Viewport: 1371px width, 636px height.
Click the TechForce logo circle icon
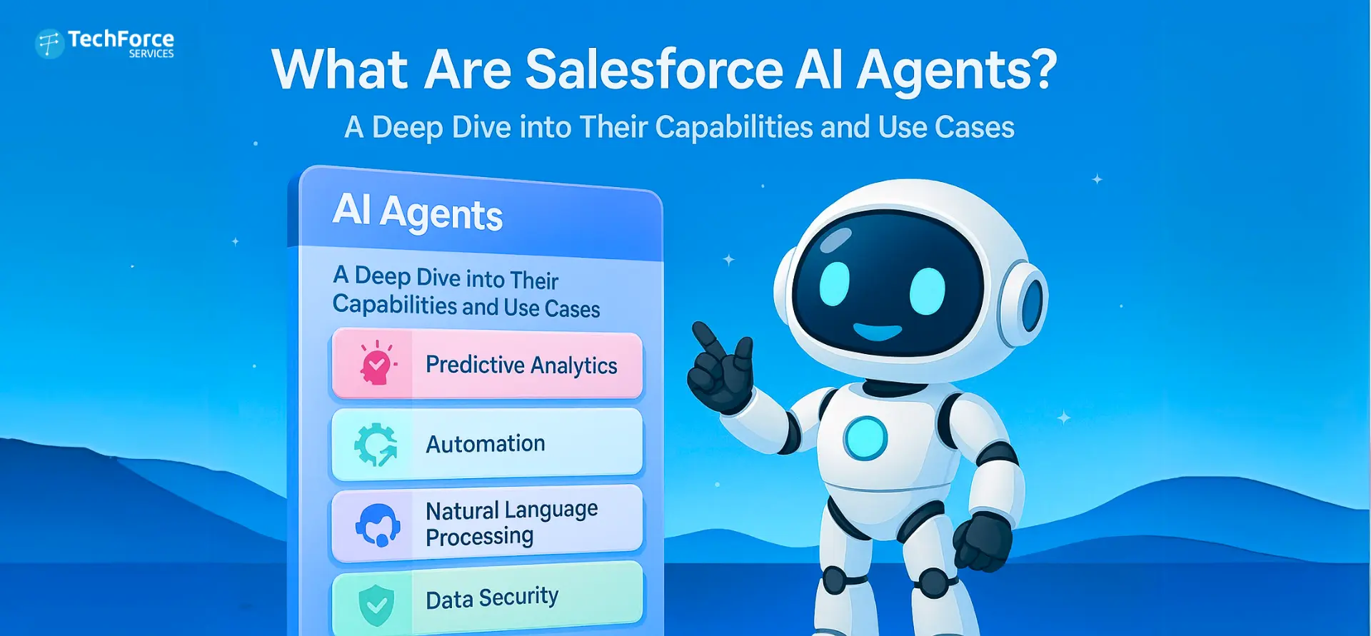(50, 44)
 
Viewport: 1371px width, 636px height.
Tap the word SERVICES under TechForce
(151, 54)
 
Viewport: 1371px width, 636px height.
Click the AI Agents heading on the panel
(418, 212)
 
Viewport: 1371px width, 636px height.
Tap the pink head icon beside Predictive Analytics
(376, 363)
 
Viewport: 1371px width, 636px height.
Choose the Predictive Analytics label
(521, 365)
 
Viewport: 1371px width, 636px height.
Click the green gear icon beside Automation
(376, 445)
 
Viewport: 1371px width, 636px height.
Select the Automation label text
(486, 444)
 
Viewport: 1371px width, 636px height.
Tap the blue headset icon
(377, 525)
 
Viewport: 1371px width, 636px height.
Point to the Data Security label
(492, 598)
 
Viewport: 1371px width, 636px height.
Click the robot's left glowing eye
(834, 283)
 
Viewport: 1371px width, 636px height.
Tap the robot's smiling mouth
(878, 332)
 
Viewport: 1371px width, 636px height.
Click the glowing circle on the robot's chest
(865, 438)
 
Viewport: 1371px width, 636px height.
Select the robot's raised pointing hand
(720, 368)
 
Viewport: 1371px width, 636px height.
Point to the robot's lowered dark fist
(984, 542)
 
